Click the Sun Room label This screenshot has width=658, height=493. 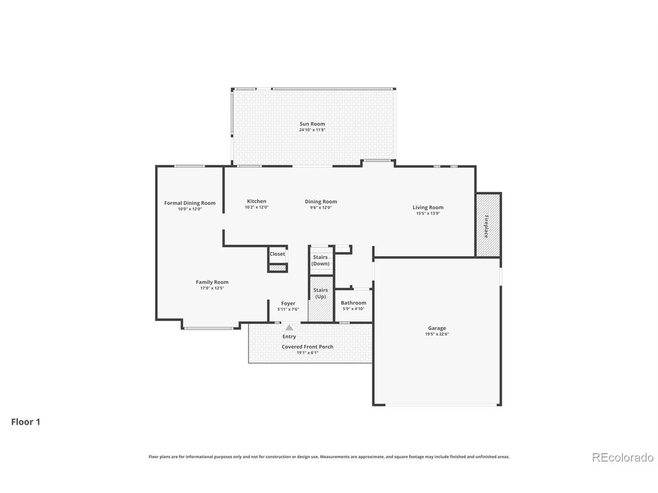pyautogui.click(x=312, y=124)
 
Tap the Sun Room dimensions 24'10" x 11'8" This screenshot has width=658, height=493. pyautogui.click(x=312, y=129)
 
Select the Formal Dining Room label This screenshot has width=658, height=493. pyautogui.click(x=190, y=203)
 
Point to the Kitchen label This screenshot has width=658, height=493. pyautogui.click(x=257, y=201)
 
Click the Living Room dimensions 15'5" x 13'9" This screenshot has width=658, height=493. pyautogui.click(x=428, y=214)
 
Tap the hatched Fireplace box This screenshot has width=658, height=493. pyautogui.click(x=487, y=224)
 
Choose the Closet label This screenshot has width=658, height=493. pyautogui.click(x=277, y=254)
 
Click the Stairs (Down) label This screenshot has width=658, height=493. pyautogui.click(x=320, y=260)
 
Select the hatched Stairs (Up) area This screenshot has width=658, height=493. pyautogui.click(x=320, y=299)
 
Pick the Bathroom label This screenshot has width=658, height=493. pyautogui.click(x=353, y=302)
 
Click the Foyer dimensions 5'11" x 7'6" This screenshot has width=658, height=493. pyautogui.click(x=288, y=309)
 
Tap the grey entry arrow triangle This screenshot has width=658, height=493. pyautogui.click(x=289, y=328)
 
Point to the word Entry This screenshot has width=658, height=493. pyautogui.click(x=289, y=336)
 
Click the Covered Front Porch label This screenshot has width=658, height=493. pyautogui.click(x=307, y=347)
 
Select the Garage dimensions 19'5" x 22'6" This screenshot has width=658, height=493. pyautogui.click(x=437, y=334)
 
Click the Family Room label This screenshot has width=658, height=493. pyautogui.click(x=212, y=282)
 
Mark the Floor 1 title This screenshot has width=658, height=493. pyautogui.click(x=26, y=422)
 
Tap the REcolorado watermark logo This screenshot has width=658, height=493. pyautogui.click(x=623, y=457)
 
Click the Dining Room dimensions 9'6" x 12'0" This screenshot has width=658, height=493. pyautogui.click(x=321, y=207)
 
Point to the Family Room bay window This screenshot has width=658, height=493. pyautogui.click(x=209, y=328)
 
